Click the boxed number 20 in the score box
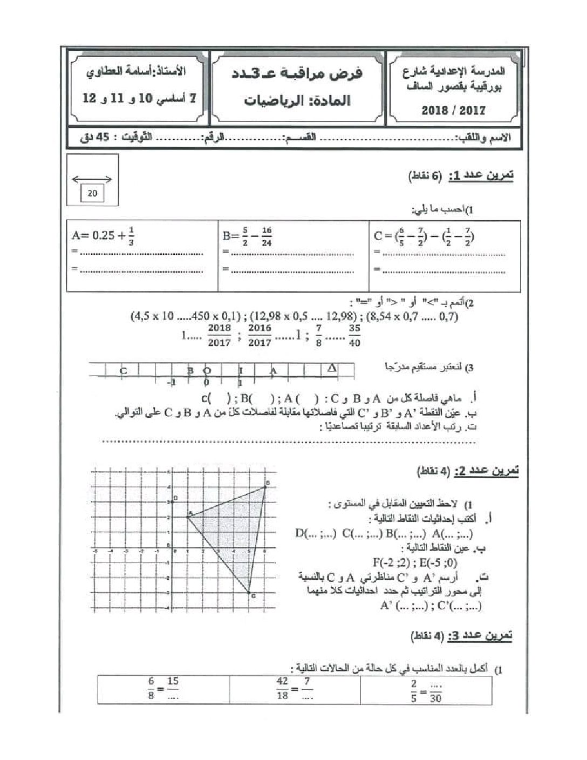92,193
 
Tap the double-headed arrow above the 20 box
92,179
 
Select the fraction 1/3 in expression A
132,236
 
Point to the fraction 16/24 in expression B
266,236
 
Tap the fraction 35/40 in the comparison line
354,336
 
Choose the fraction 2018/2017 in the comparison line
219,335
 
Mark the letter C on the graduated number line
124,371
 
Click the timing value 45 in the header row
103,137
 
